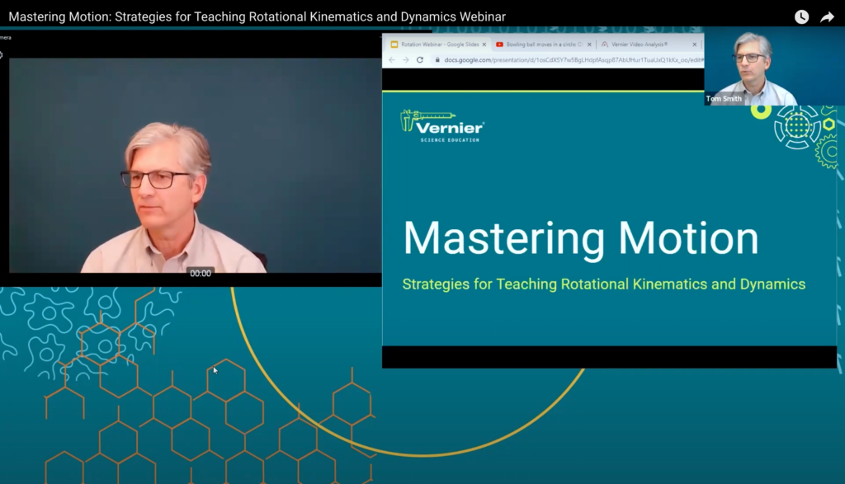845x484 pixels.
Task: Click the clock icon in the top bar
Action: [801, 16]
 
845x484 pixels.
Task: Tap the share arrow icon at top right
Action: [827, 16]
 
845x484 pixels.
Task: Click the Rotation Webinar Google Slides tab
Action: [438, 45]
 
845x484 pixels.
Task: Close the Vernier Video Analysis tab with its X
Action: [694, 45]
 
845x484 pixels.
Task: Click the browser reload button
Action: [420, 60]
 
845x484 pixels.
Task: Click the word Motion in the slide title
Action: [688, 238]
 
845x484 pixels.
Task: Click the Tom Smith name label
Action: [724, 99]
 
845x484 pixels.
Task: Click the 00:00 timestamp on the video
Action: [201, 273]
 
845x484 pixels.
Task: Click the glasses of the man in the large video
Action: [156, 178]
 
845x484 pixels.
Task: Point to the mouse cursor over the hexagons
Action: [215, 370]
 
